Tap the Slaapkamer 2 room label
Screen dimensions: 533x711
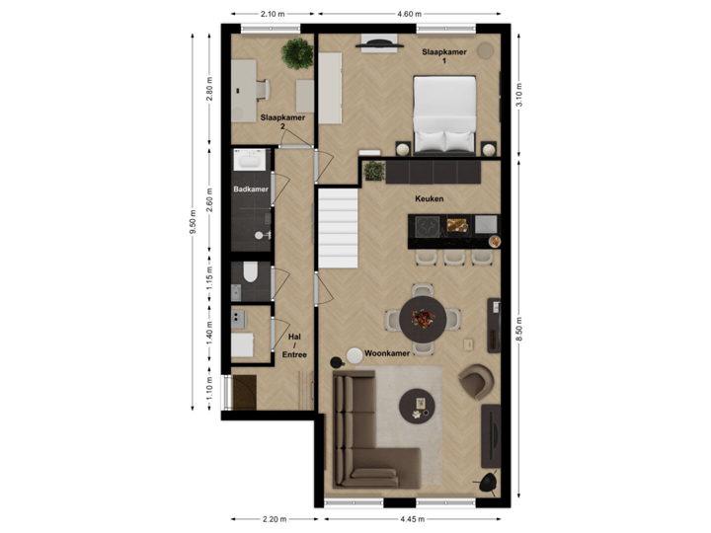click(x=282, y=121)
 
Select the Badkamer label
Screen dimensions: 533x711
click(x=250, y=189)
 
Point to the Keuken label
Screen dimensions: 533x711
click(x=429, y=198)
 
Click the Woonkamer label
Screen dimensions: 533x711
click(x=386, y=352)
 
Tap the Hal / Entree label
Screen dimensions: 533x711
click(x=294, y=344)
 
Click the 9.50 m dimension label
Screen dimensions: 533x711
click(x=194, y=221)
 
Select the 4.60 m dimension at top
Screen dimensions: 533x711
click(x=409, y=14)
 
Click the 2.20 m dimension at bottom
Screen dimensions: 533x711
click(x=274, y=519)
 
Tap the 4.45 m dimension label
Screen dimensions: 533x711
click(x=413, y=519)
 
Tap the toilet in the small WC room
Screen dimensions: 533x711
click(x=250, y=273)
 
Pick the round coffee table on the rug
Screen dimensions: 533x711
click(x=417, y=405)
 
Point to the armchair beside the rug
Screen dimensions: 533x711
click(x=476, y=380)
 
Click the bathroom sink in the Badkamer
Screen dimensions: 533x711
click(x=248, y=160)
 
